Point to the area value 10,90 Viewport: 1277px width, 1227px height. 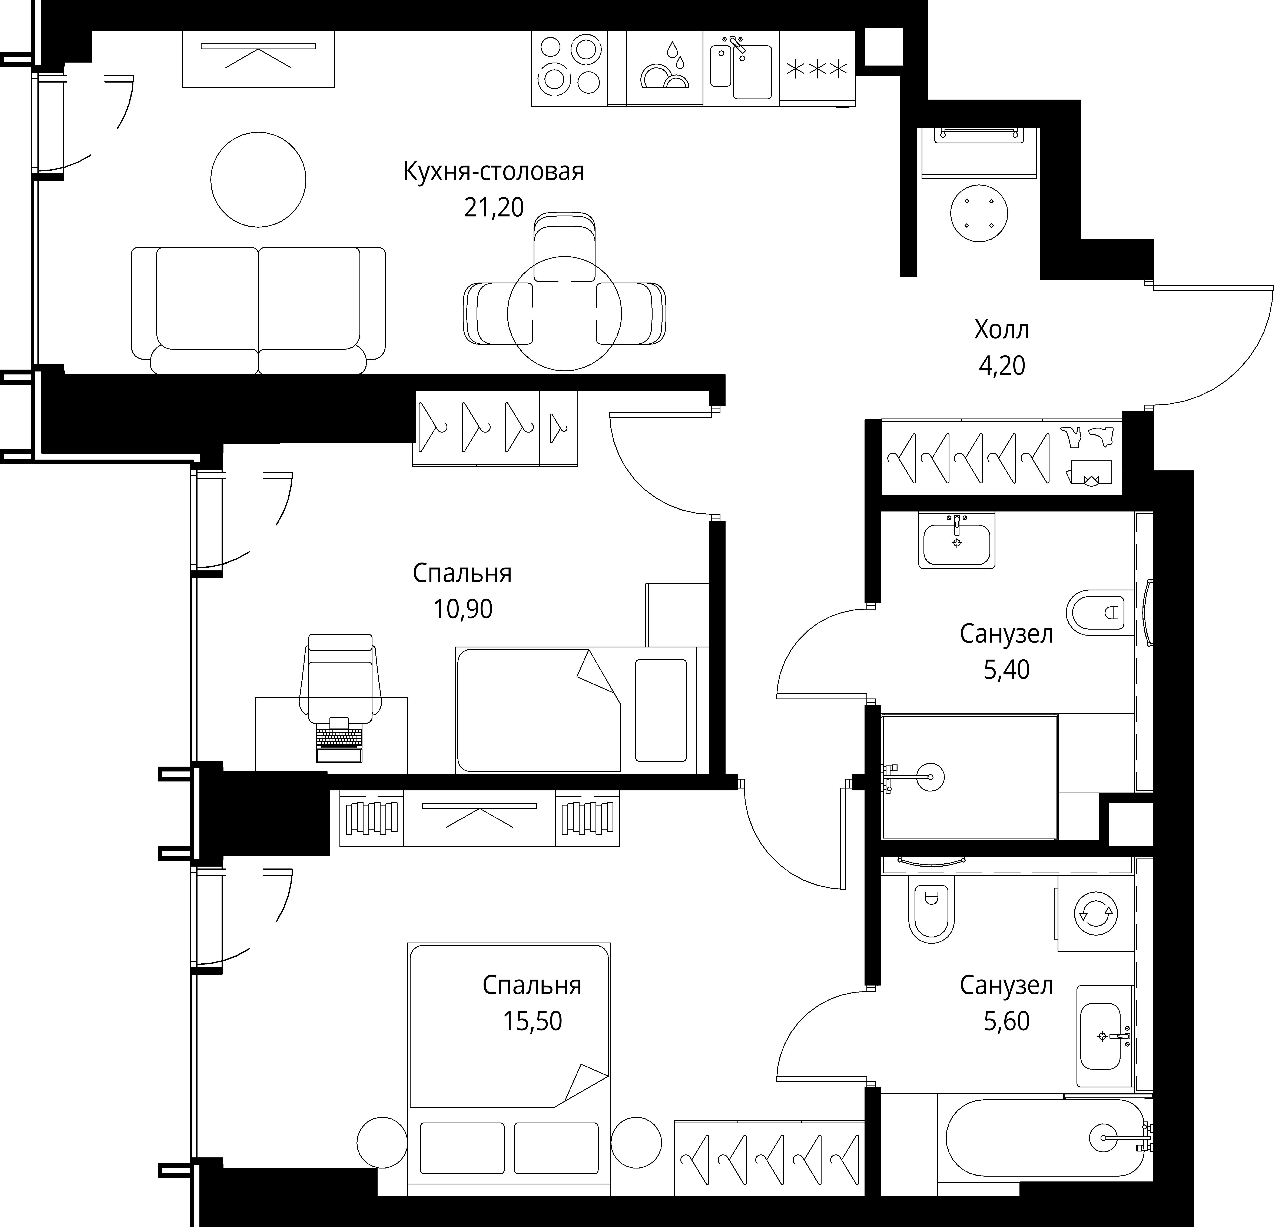(462, 609)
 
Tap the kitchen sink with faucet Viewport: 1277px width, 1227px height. (742, 68)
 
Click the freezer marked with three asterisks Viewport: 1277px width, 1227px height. (817, 68)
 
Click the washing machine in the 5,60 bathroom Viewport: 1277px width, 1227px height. (1095, 914)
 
